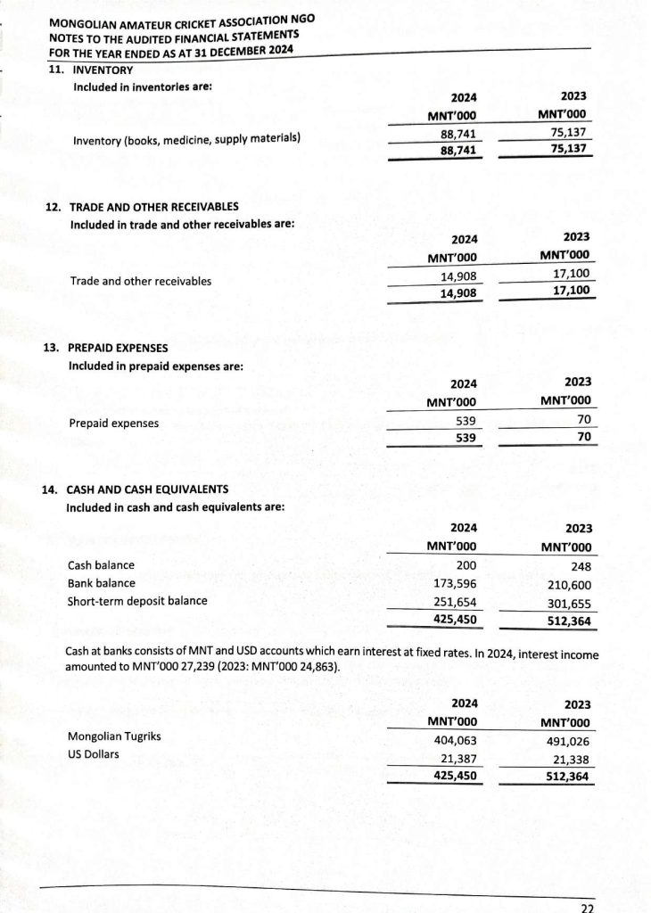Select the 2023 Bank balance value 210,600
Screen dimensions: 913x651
568,586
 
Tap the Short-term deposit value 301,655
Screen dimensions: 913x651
568,604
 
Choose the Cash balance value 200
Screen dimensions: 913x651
466,565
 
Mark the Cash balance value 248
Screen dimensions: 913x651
580,567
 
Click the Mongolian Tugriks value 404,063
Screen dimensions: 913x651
455,739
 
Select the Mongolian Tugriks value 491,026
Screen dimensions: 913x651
568,741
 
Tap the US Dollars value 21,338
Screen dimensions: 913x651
571,759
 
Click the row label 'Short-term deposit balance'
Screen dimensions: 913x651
137,601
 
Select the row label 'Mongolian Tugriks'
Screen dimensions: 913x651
114,737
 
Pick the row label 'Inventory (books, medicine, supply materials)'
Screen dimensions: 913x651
186,140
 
